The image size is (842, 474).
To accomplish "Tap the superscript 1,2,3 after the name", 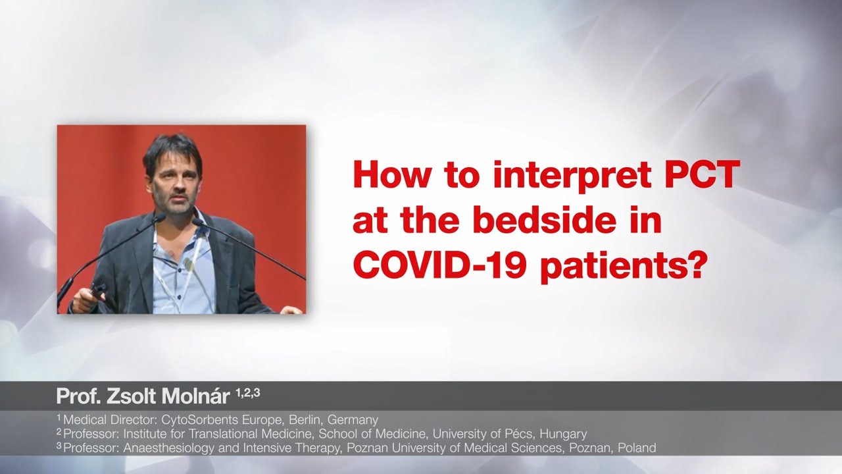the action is [x=248, y=393].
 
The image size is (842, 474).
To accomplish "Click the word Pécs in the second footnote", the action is [x=519, y=434].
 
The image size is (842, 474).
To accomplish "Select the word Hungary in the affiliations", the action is [x=563, y=434].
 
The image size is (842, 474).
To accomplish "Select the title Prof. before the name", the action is [x=78, y=396].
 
